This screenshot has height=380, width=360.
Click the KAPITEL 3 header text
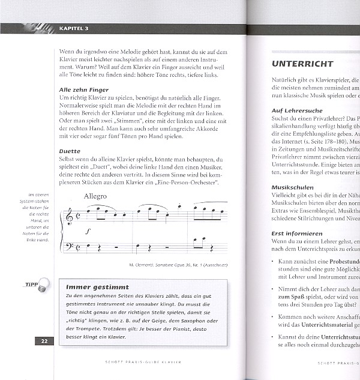coord(74,28)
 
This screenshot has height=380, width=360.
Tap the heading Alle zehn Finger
coord(84,89)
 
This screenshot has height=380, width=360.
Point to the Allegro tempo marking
coord(95,196)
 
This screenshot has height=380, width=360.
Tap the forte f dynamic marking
coord(88,230)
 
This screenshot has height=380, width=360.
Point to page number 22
coord(44,341)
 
